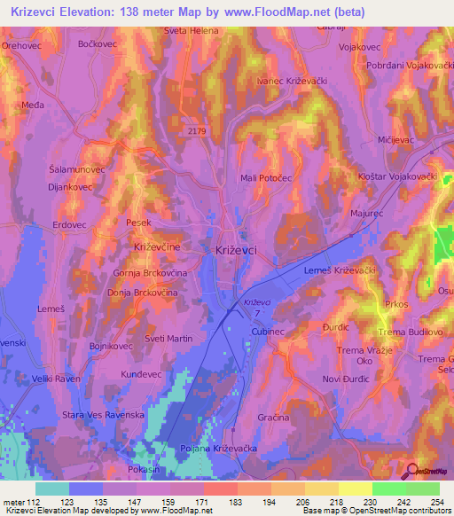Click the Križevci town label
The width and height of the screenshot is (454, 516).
coord(236,251)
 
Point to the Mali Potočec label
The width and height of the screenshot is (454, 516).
coord(266,178)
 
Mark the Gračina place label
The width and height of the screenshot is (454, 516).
coord(274,417)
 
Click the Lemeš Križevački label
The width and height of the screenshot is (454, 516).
coord(340,270)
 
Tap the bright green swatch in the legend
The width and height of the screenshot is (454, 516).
coord(389,489)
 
